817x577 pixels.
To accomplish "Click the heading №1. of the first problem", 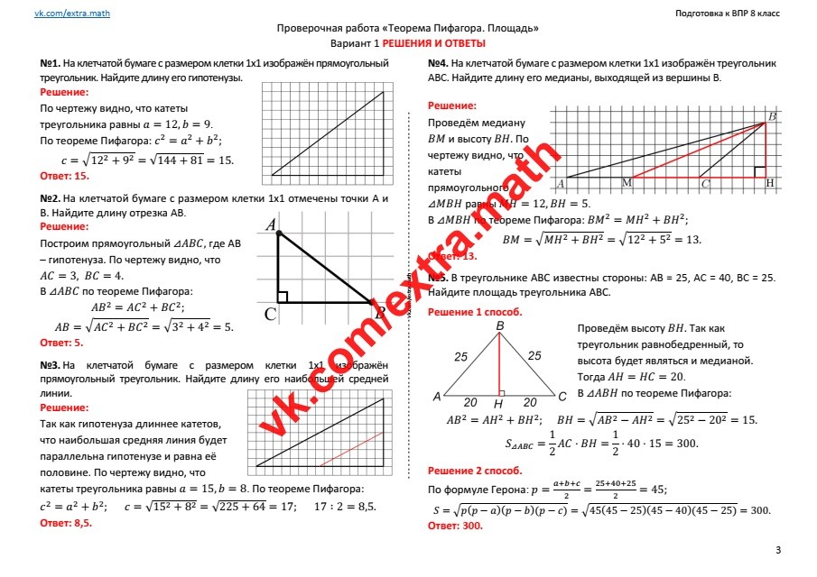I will point(51,65).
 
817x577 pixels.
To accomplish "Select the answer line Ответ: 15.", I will point(64,176).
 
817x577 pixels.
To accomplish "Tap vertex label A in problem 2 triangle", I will point(271,225).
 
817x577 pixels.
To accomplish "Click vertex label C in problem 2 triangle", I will point(270,313).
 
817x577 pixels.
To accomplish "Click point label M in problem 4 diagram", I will point(627,184).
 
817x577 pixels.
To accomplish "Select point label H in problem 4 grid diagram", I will point(769,183).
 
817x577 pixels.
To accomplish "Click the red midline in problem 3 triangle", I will point(352,449).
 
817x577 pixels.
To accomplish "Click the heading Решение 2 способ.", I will point(475,471).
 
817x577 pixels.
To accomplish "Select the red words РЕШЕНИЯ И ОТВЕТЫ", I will point(434,43).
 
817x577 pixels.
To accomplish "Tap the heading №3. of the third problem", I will point(51,365).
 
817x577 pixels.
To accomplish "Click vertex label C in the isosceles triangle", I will point(562,396).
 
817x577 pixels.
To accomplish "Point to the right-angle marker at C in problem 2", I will point(283,297).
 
